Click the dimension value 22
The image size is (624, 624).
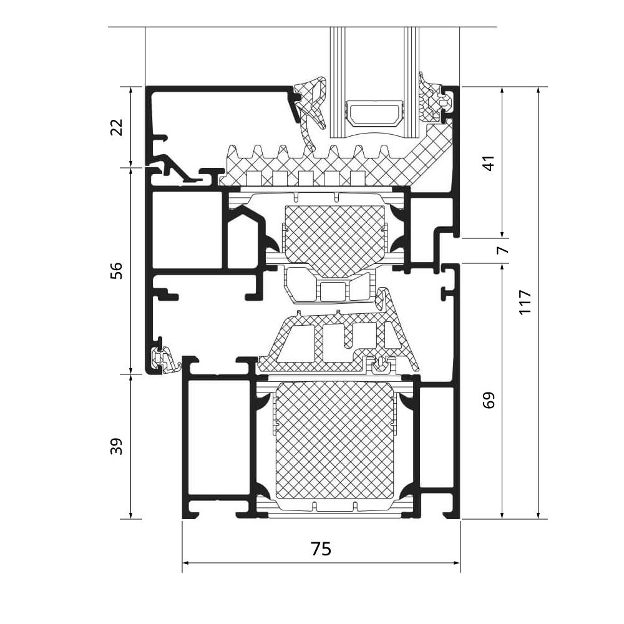click(117, 127)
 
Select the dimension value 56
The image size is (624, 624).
click(117, 270)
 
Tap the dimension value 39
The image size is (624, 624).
click(117, 446)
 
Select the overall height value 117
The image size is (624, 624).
click(525, 302)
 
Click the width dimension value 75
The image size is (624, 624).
click(321, 549)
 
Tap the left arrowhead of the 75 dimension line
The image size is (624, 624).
click(186, 562)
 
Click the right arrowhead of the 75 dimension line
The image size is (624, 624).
click(456, 562)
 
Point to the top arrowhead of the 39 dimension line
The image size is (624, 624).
click(130, 378)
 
